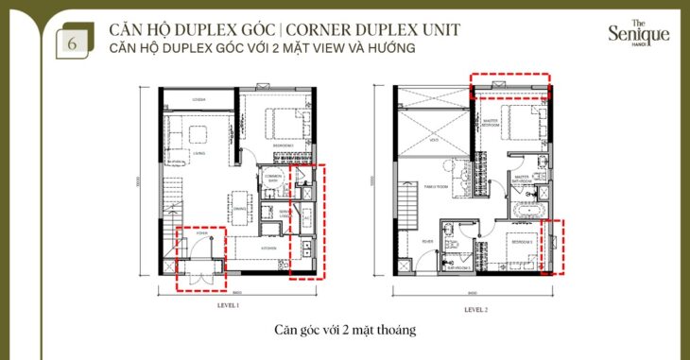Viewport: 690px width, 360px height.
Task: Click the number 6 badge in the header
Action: click(69, 43)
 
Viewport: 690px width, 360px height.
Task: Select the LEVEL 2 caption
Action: click(475, 309)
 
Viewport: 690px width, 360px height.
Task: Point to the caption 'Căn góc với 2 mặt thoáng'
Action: click(344, 331)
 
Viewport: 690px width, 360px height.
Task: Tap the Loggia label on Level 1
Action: click(199, 99)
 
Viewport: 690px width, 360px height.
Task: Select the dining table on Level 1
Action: click(236, 200)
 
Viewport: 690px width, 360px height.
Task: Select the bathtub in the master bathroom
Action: click(526, 209)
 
